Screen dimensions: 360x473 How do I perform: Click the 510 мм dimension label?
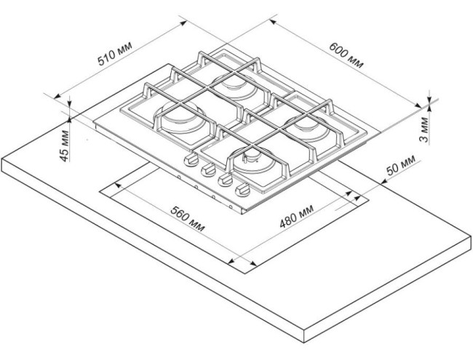114,57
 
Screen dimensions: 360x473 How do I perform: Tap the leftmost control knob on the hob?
191,160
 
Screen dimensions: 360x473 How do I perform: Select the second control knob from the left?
208,169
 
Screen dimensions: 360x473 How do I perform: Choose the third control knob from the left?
225,180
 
